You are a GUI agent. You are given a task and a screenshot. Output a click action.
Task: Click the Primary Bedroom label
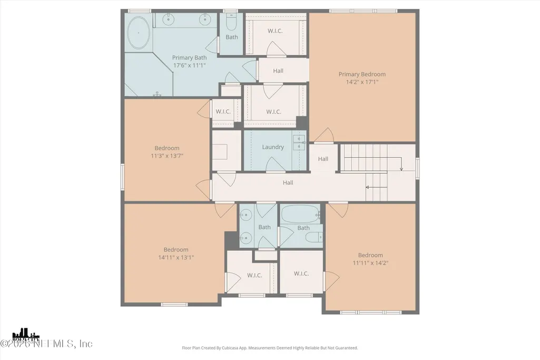(362, 74)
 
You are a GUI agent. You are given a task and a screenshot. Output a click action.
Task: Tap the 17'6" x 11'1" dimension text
(190, 65)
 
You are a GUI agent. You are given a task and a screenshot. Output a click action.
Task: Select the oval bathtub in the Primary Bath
(139, 33)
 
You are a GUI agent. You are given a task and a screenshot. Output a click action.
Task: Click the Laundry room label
(273, 147)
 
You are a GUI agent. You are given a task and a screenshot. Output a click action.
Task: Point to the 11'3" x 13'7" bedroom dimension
(167, 155)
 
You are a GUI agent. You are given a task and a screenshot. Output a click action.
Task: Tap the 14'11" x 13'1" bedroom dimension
(176, 257)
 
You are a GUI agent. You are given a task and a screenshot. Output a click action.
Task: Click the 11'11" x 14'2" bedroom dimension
(370, 263)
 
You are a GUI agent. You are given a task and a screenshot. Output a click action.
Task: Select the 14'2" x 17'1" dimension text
(362, 82)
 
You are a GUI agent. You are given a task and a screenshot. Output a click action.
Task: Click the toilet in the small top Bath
(231, 22)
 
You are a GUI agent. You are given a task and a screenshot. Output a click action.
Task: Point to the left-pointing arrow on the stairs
(376, 188)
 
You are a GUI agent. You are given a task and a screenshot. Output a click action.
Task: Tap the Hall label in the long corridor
(288, 182)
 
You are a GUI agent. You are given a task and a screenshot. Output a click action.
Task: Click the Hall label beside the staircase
(323, 159)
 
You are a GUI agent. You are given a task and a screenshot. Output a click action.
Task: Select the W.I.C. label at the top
(275, 31)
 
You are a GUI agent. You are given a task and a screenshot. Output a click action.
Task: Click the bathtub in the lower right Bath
(300, 215)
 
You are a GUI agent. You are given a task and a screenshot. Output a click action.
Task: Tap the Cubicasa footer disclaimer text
(270, 348)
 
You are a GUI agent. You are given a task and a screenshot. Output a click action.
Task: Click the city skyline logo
(26, 335)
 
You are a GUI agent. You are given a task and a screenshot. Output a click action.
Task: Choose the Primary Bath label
(190, 57)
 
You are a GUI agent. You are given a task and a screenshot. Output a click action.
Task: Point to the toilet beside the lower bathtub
(314, 237)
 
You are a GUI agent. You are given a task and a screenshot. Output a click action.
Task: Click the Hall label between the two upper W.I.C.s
(278, 71)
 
